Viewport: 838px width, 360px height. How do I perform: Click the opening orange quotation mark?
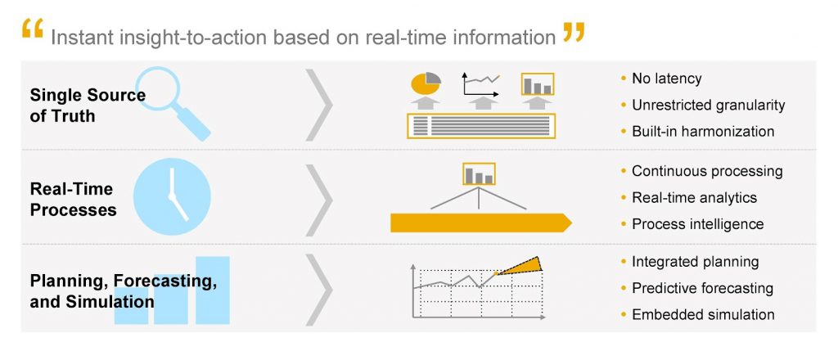tap(32, 29)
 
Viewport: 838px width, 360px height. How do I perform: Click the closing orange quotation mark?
tap(574, 33)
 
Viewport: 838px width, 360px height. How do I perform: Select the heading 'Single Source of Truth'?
tap(88, 106)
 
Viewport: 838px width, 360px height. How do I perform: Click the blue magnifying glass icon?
tap(172, 103)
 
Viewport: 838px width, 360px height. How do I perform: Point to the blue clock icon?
tap(172, 196)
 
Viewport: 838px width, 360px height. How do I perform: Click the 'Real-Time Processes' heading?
tap(73, 200)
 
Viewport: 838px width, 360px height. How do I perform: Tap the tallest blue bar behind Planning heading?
tap(212, 290)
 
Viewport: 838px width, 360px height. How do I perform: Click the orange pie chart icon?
tap(426, 83)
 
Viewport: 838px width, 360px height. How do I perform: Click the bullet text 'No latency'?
tap(666, 79)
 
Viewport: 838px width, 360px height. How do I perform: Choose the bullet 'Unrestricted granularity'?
tap(708, 106)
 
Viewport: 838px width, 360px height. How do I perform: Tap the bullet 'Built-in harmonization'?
tap(703, 132)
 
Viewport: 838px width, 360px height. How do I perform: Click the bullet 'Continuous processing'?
tap(707, 172)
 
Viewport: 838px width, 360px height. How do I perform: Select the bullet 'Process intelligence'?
tap(697, 224)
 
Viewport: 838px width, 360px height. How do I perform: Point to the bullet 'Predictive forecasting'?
tap(702, 289)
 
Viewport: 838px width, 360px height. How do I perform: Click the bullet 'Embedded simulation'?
tap(703, 315)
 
